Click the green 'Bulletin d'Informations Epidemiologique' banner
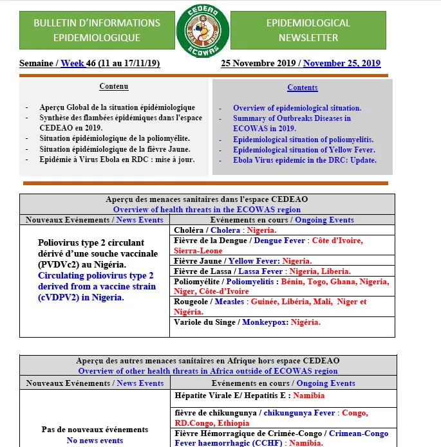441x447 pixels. coord(97,30)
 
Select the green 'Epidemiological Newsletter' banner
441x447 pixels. coord(308,30)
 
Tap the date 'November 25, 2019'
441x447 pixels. coord(342,64)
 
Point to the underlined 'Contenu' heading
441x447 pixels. coord(114,86)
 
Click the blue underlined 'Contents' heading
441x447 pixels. coord(302,87)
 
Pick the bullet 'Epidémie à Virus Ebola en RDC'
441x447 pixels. coord(117,160)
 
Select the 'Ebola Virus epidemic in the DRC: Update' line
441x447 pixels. coord(305,160)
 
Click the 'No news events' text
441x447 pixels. coord(95,441)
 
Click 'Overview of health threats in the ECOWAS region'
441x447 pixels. coord(207,209)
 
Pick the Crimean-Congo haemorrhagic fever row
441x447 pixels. coord(281,438)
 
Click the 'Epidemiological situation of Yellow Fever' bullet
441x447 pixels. coord(304,150)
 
